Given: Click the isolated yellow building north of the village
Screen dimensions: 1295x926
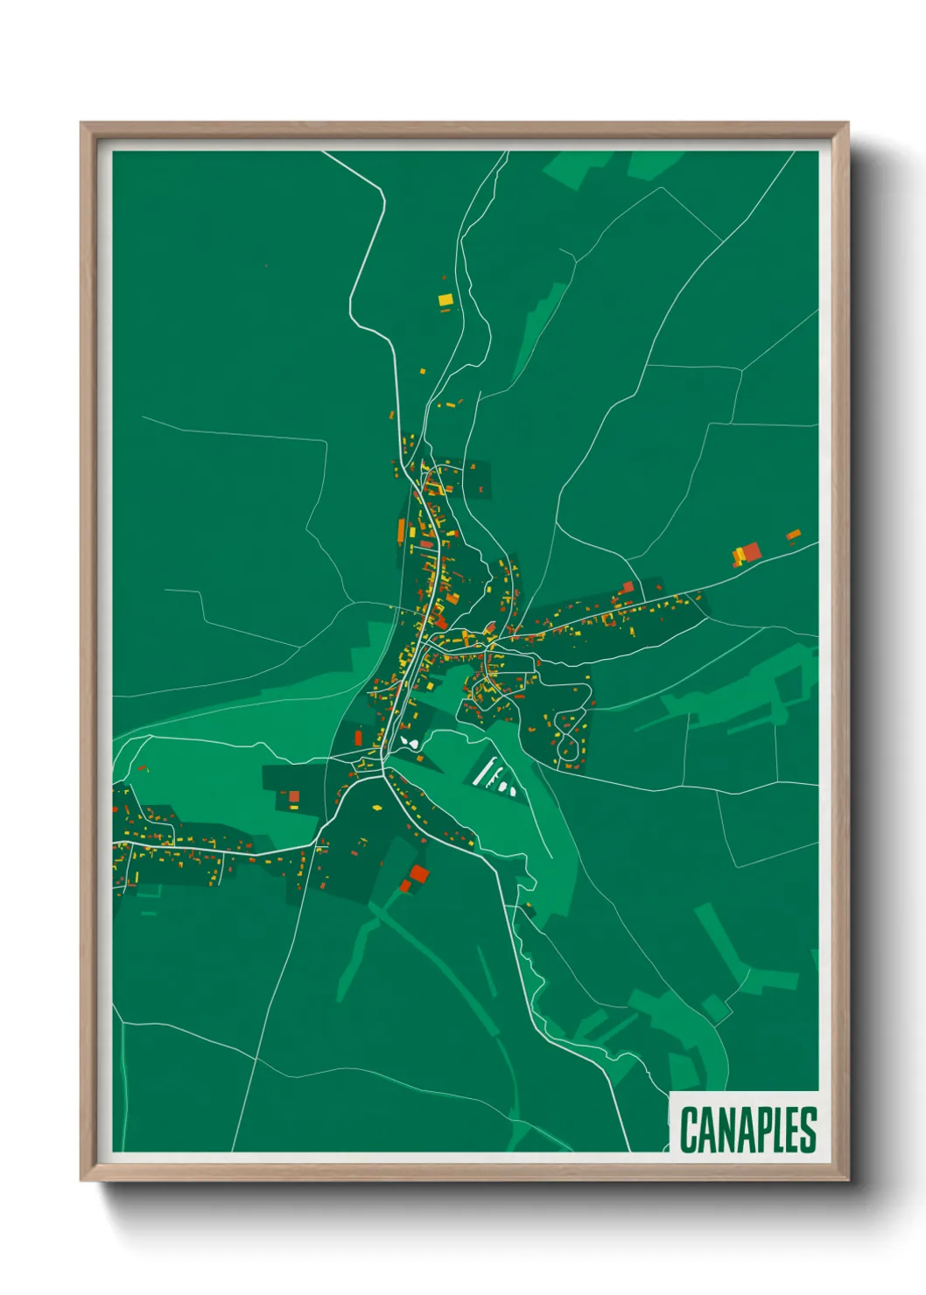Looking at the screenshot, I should click(445, 300).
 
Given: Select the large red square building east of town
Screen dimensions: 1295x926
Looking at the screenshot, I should click(751, 551).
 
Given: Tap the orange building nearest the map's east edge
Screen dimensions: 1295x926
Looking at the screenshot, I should click(793, 534).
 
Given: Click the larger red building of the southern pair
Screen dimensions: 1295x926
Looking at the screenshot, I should click(419, 873).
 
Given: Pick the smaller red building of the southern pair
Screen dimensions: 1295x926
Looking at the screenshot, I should click(405, 886).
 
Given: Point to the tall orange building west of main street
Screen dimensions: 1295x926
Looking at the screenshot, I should click(402, 530).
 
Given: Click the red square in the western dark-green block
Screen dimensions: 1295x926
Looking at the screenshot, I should click(294, 796).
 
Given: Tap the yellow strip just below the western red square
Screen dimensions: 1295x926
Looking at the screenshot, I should click(293, 808).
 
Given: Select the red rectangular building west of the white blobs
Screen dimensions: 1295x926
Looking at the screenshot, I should click(358, 738).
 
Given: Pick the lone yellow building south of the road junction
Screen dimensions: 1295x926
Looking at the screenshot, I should click(377, 807).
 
